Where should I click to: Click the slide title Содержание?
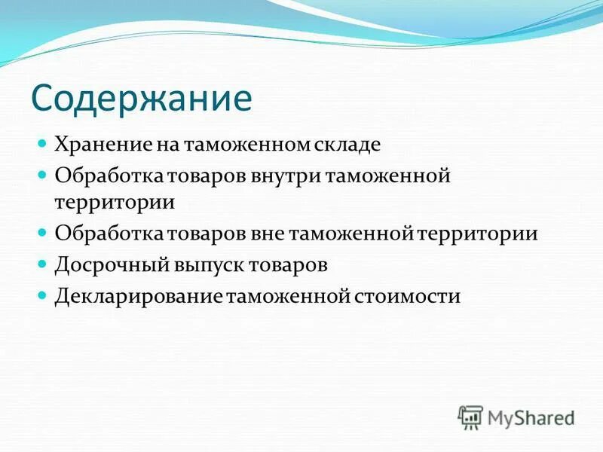coord(141,98)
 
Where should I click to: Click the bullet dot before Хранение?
coord(43,142)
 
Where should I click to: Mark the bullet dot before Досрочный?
coord(43,264)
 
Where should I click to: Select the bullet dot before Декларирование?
coord(43,295)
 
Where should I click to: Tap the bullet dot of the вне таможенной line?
coord(43,233)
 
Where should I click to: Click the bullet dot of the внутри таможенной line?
coord(43,174)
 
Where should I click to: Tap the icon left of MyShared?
coord(470,417)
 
